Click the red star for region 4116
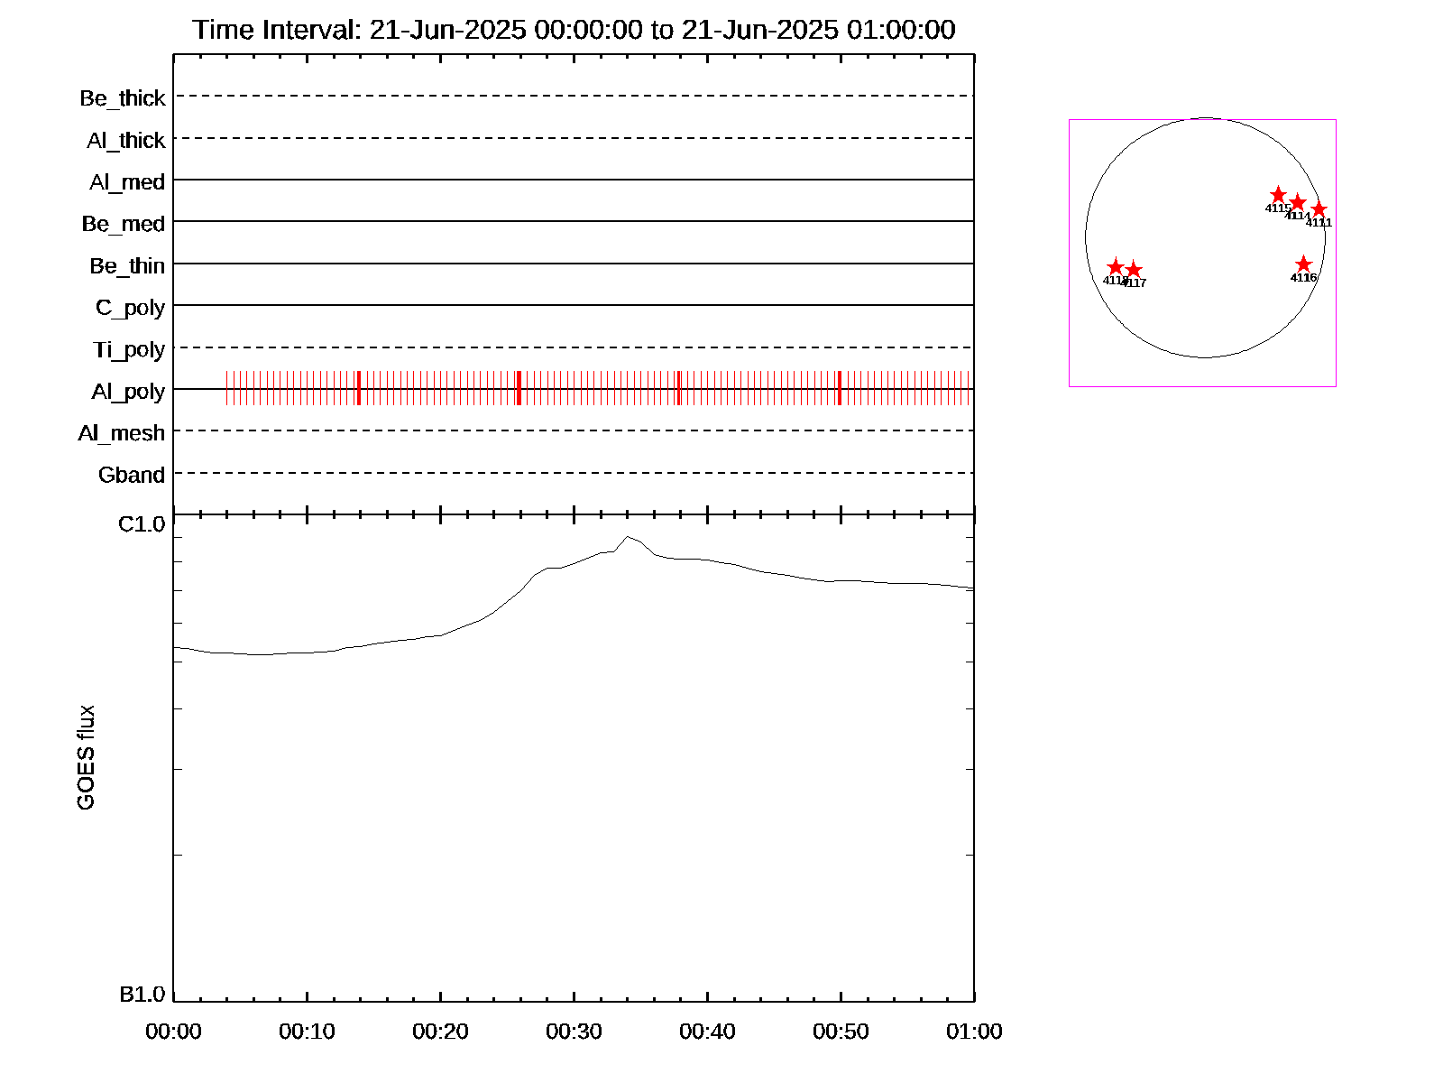coord(1303,264)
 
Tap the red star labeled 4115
coord(1278,195)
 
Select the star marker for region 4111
coord(1319,209)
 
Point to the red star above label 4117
coord(1134,270)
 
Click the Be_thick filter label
coord(123,97)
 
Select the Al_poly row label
coord(128,391)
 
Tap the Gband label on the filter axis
coord(132,475)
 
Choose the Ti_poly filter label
coord(129,349)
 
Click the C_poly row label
coord(131,308)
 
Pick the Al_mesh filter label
coord(122,433)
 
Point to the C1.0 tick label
coord(142,524)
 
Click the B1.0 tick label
coord(142,995)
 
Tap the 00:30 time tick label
coord(574,1032)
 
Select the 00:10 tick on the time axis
coord(307,1032)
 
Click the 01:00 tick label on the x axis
coord(974,1032)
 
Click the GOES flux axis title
coord(87,758)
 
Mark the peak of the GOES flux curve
coord(628,537)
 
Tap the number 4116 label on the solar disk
coord(1303,278)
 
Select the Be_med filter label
coord(124,224)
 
